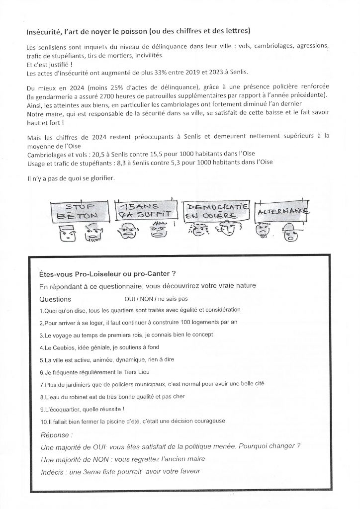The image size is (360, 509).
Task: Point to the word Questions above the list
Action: tap(55, 300)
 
